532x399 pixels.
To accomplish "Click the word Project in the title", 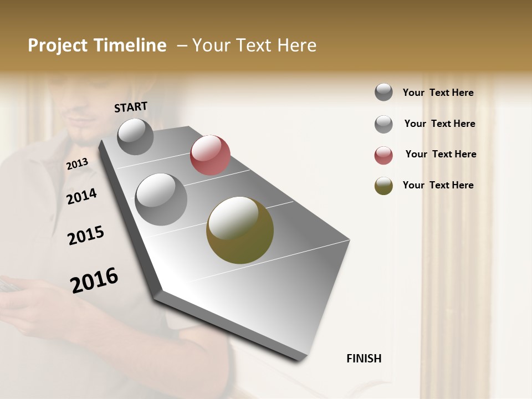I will pos(58,45).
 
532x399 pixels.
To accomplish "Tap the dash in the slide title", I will pos(182,45).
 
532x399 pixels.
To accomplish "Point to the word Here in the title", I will pos(296,45).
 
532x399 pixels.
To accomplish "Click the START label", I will pos(131,107).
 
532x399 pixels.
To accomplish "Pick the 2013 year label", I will pos(77,163).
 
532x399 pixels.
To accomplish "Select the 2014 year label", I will pos(81,196).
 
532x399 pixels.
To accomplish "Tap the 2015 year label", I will pos(86,236).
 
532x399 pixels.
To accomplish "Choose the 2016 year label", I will pos(94,280).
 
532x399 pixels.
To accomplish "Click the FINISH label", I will pos(364,359).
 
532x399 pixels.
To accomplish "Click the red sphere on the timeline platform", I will pos(210,155).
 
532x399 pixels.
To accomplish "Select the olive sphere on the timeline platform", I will pos(240,230).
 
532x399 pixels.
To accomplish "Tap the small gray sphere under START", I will pos(135,137).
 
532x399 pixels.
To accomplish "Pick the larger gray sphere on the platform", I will pos(161,199).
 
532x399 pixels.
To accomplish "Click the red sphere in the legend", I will pos(383,155).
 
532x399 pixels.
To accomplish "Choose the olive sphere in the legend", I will pos(383,186).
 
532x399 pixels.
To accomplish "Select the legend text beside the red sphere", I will pos(441,154).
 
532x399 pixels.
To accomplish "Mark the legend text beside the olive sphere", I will pos(438,185).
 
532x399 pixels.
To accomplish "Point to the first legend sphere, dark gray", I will pos(383,92).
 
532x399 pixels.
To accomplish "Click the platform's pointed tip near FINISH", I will pos(302,357).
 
